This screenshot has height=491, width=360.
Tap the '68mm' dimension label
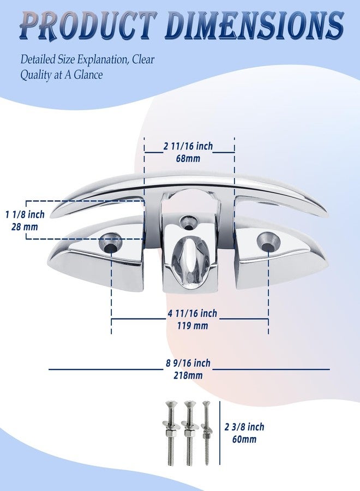click(188, 158)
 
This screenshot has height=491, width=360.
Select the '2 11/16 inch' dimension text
click(188, 146)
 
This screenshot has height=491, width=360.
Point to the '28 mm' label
click(25, 227)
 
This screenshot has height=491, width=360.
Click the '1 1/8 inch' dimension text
click(25, 215)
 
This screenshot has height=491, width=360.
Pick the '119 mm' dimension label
click(192, 326)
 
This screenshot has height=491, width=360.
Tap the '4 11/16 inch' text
click(192, 314)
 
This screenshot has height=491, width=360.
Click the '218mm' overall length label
click(188, 375)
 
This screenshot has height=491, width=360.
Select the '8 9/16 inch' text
click(188, 363)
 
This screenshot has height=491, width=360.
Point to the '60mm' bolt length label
click(244, 439)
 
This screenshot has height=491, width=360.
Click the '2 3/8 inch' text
click(244, 427)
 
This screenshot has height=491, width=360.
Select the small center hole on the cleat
click(188, 223)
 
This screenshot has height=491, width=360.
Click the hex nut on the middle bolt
click(188, 433)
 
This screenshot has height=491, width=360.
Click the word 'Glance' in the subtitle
click(88, 75)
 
